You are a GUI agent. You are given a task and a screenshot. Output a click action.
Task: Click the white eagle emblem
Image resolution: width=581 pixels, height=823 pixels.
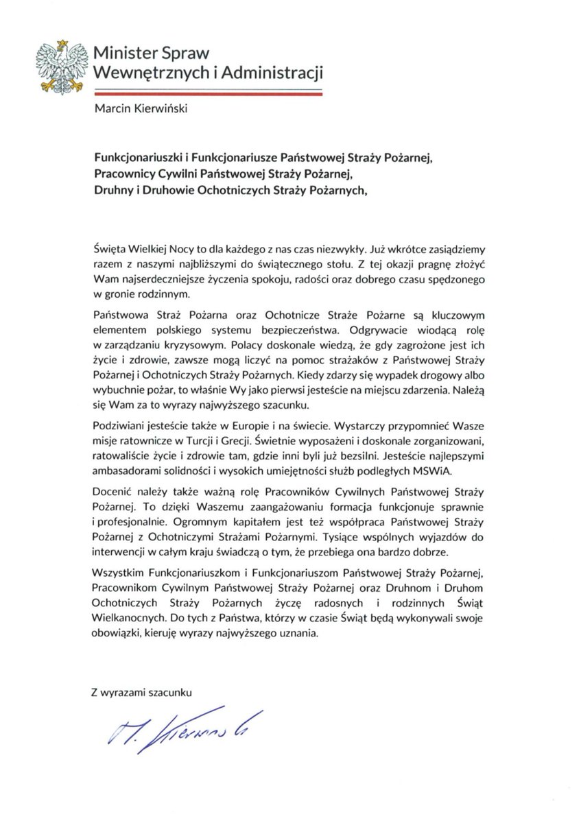click(62, 67)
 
